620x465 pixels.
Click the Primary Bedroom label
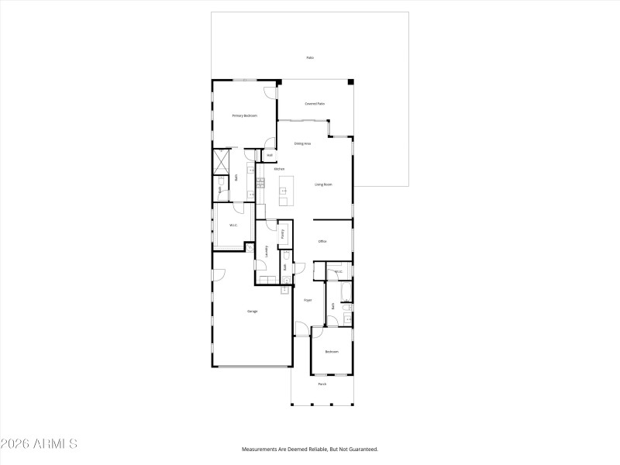tap(244, 115)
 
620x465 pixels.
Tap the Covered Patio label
tap(314, 103)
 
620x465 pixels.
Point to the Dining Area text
tap(302, 143)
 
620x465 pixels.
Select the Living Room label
tap(323, 184)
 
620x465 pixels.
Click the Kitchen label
tap(278, 168)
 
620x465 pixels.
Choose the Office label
tap(322, 241)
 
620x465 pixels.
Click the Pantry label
tap(283, 233)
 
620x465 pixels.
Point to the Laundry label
tap(267, 250)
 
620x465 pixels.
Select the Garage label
tap(252, 311)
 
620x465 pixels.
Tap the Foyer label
tap(307, 299)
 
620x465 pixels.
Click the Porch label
tap(322, 384)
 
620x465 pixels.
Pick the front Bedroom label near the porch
tap(332, 352)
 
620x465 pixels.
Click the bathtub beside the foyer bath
tap(346, 293)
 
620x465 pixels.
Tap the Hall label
tap(269, 155)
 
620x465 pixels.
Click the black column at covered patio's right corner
tap(350, 81)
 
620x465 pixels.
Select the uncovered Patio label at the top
tap(310, 57)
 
